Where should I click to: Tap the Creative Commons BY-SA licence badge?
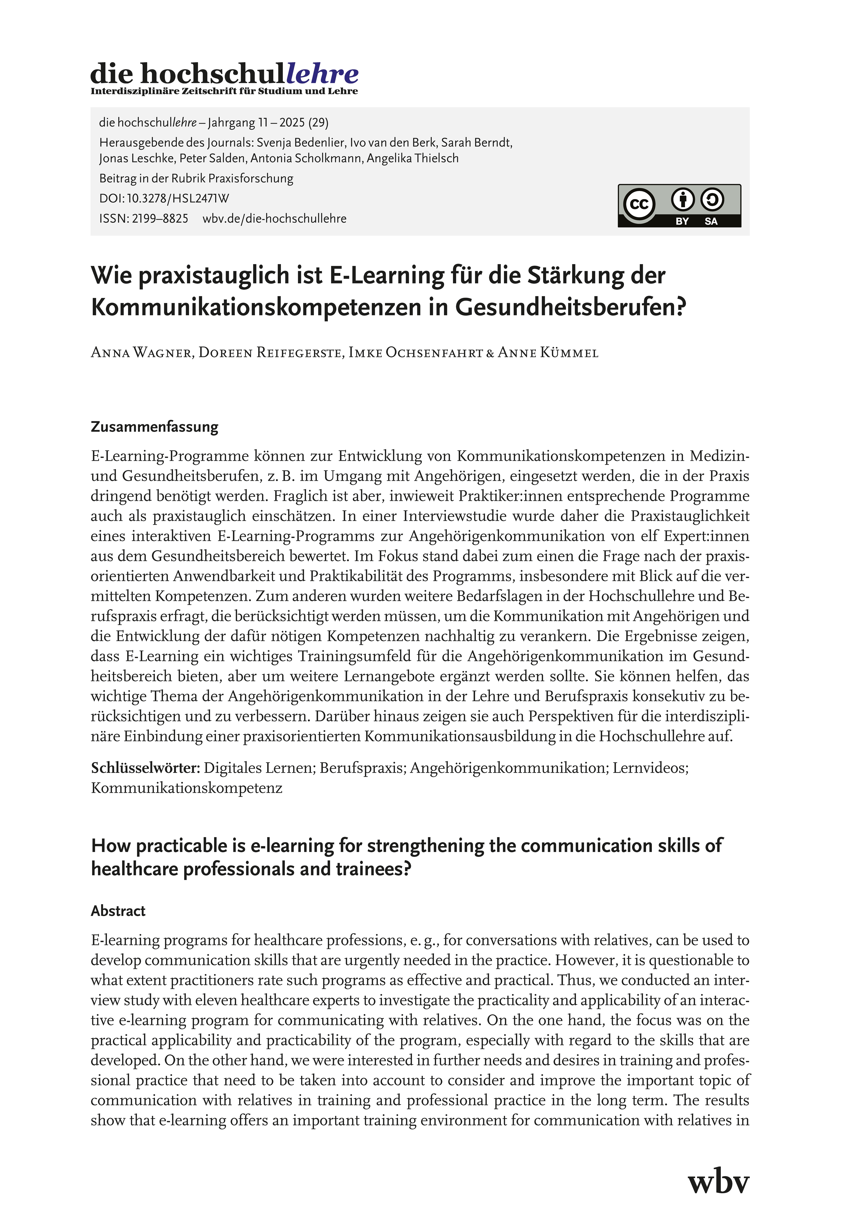pos(679,206)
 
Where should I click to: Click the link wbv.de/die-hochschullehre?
pos(275,219)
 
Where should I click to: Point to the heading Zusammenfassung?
pos(155,427)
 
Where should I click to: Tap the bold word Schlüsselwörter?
pos(145,768)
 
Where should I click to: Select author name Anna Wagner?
pos(141,353)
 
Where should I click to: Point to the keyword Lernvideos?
pos(650,768)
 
